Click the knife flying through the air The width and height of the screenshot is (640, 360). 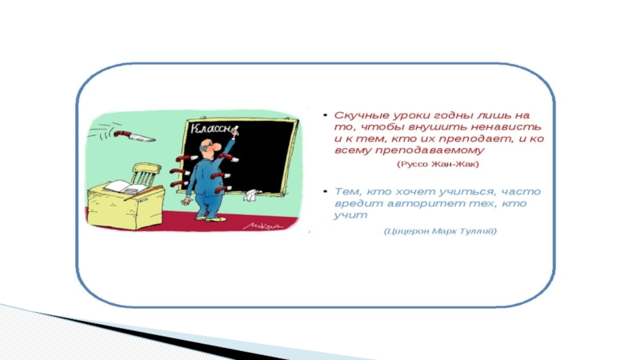[134, 137]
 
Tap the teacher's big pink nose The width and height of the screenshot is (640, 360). [217, 146]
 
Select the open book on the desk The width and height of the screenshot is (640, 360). [126, 188]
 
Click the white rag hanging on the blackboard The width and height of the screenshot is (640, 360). [252, 195]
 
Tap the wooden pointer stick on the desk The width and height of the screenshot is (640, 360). [143, 193]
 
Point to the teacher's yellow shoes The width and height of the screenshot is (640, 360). [211, 218]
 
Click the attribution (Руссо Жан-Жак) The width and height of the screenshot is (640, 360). [438, 164]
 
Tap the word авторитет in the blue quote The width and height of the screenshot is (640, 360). [418, 203]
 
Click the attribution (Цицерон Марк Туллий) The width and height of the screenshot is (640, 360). [441, 231]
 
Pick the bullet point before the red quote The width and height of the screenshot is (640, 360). [326, 115]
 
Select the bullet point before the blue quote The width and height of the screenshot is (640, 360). [326, 191]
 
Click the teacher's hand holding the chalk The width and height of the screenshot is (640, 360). [234, 132]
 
